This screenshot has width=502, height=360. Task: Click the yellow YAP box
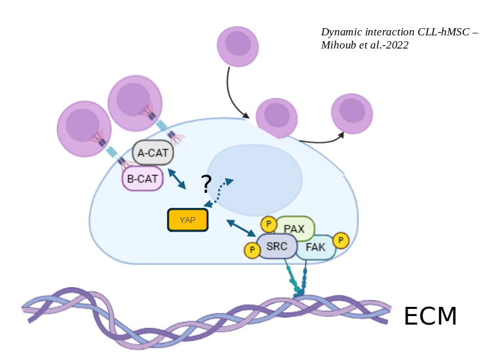coord(187,220)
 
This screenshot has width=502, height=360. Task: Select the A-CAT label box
coord(153,152)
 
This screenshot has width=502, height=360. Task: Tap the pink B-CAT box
coord(142,178)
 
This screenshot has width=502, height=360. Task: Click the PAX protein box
coord(295,228)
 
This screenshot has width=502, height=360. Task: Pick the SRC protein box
coord(277,246)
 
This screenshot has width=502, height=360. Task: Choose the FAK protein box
coord(316,247)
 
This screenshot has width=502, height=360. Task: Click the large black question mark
coord(206,184)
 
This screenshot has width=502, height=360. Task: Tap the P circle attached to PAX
coord(269,224)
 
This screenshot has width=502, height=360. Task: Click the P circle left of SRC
coord(252,250)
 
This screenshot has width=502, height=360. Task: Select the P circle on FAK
coord(341,240)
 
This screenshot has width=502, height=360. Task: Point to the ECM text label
coord(430,316)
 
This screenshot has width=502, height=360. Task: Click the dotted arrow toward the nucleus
coord(219,193)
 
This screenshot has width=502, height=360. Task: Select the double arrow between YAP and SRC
coord(241,228)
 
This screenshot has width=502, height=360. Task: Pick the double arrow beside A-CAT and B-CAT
coord(177,179)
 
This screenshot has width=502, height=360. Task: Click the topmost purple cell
coord(238,47)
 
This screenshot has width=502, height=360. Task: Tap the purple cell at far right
coord(352,113)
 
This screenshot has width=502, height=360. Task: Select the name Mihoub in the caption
coord(339,45)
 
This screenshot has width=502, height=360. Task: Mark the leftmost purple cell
coord(84,129)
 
